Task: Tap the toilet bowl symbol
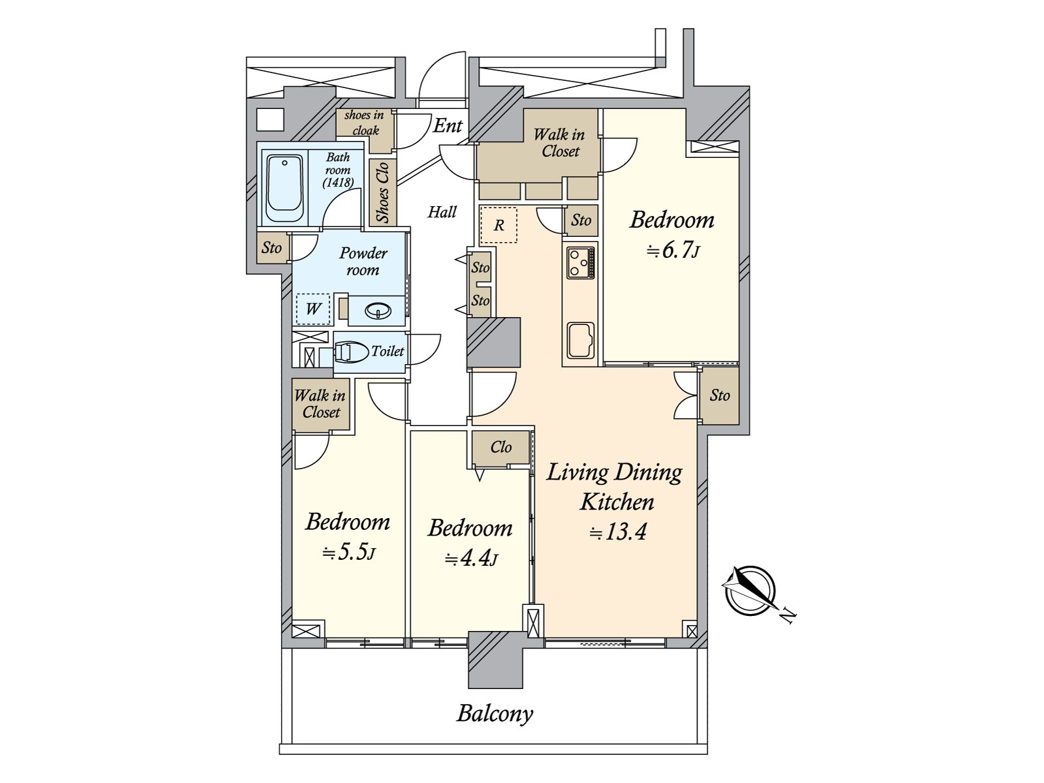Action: point(352,352)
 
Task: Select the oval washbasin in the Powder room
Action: point(378,311)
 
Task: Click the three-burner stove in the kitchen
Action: point(580,262)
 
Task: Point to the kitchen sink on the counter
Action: point(580,341)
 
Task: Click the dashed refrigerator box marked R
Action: point(498,225)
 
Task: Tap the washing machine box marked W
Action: point(313,309)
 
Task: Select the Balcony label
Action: point(495,714)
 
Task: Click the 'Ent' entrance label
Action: point(448,126)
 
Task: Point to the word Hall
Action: point(442,211)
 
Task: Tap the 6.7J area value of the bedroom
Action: point(673,250)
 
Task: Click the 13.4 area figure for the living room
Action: point(618,532)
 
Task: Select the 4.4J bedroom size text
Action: point(471,558)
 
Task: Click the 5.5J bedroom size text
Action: point(349,552)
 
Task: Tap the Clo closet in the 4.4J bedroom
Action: point(501,448)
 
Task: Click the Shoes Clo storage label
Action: point(383,192)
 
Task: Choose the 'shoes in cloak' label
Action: point(364,123)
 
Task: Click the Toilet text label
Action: point(388,351)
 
